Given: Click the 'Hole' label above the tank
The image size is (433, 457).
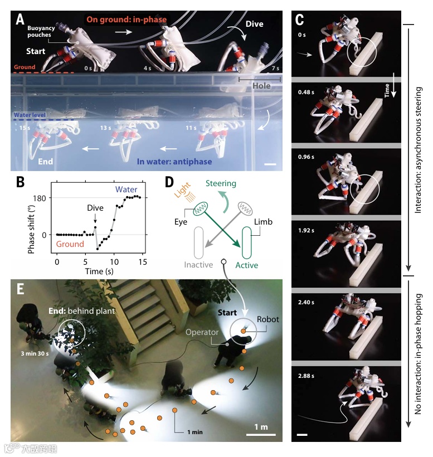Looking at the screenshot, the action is (260, 86).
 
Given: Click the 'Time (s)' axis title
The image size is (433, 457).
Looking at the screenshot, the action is (97, 271).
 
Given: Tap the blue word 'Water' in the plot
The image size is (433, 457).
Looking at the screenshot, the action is (128, 190).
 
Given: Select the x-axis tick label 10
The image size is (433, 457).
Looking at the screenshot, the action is (114, 262).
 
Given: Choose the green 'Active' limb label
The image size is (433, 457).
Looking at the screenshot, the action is (246, 265).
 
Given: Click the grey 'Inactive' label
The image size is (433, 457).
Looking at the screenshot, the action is (199, 265).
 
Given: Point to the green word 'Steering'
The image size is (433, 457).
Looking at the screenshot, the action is (221, 183).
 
